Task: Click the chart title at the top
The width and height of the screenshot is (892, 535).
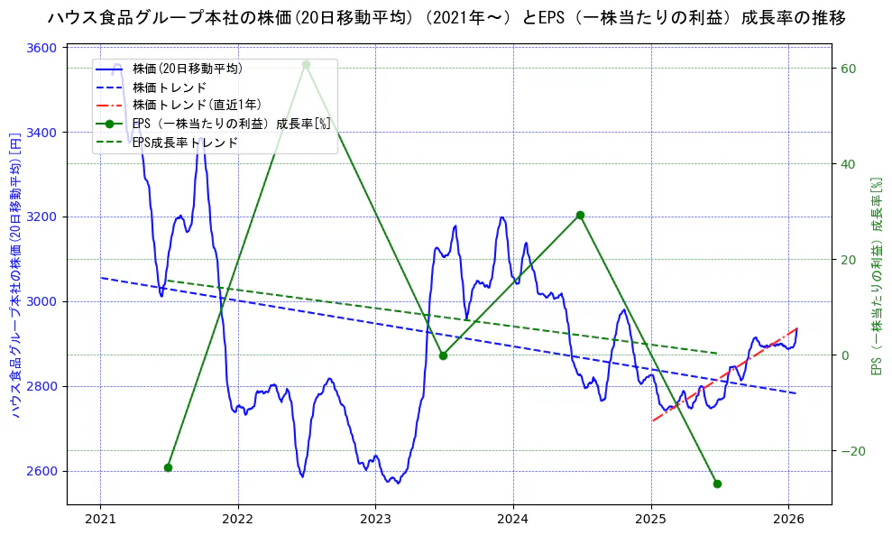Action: tap(446, 18)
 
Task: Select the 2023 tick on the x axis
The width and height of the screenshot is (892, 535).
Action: tap(375, 520)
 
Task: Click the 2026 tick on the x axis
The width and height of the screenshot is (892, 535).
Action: tap(788, 520)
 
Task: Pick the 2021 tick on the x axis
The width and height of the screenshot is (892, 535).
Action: tap(100, 520)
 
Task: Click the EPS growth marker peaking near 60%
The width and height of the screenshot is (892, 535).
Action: tap(306, 64)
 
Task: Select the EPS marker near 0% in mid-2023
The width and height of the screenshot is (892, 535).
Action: tap(443, 355)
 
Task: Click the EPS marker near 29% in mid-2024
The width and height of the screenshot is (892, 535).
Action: tap(580, 215)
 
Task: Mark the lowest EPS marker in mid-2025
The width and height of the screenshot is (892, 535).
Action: tap(717, 484)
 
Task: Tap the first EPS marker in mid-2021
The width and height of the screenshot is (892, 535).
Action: tap(168, 467)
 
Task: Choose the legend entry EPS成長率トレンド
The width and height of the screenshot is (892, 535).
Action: tap(185, 143)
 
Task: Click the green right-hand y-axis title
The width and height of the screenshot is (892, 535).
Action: tap(876, 275)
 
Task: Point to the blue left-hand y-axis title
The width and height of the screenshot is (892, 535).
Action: tap(15, 275)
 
